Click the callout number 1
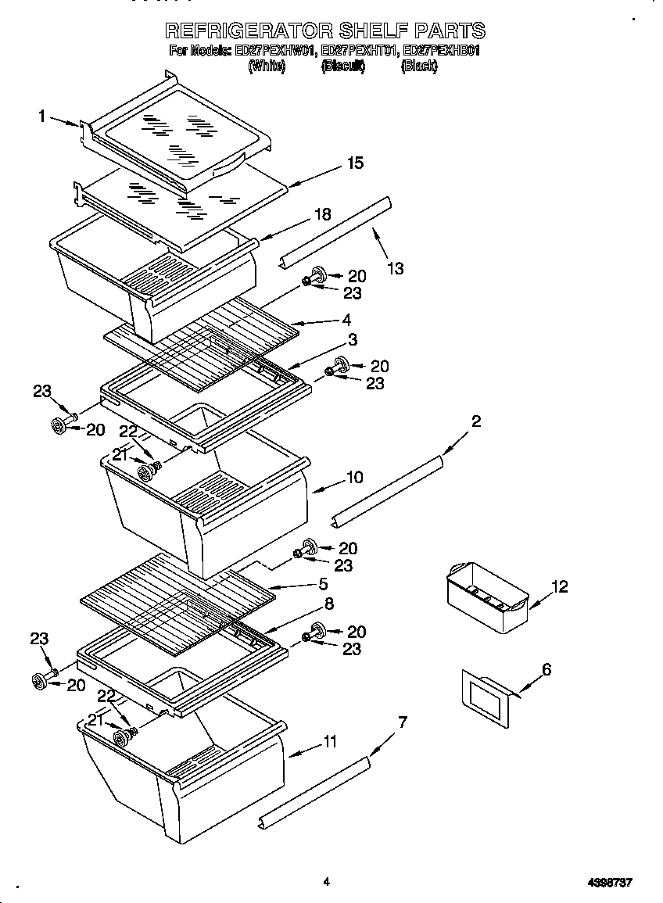point(41,116)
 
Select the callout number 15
point(355,163)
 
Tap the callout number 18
point(322,214)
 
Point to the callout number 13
point(396,268)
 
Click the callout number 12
point(560,586)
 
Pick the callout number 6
point(547,669)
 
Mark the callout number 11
point(331,741)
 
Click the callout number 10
point(354,477)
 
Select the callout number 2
point(476,422)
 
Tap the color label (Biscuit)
point(343,67)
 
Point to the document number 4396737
point(609,882)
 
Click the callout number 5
point(323,583)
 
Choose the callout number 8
point(329,603)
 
